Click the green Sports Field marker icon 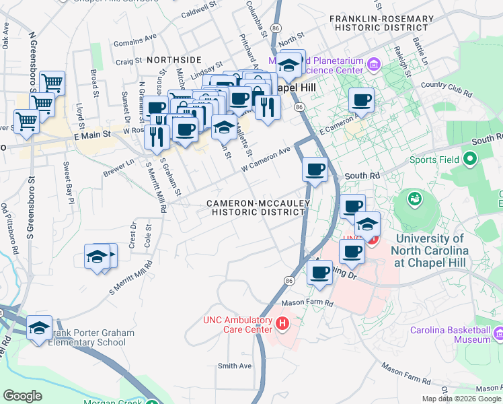coord(469,160)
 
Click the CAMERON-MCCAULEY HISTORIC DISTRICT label coord(258,207)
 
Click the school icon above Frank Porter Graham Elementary coord(40,329)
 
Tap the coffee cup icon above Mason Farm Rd coord(319,273)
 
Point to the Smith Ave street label coord(234,366)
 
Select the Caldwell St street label coord(202,12)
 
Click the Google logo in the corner coord(24,396)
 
